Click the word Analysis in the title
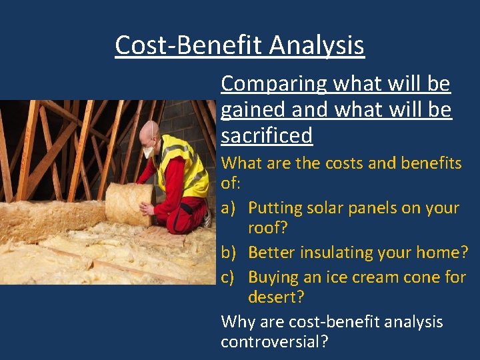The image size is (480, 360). pyautogui.click(x=317, y=45)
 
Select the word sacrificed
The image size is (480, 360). pyautogui.click(x=267, y=135)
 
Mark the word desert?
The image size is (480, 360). pyautogui.click(x=275, y=297)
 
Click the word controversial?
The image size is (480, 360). pyautogui.click(x=275, y=342)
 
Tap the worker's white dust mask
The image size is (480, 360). pyautogui.click(x=149, y=152)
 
